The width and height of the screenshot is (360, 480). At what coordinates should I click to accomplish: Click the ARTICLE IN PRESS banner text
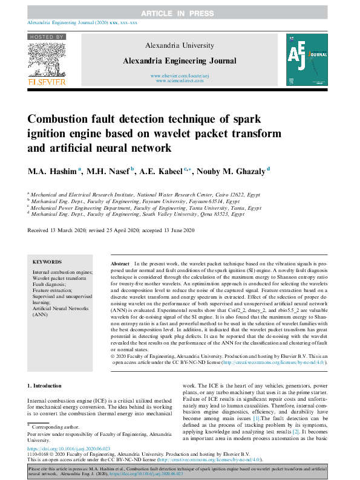click(180, 13)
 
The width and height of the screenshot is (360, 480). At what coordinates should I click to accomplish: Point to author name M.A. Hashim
click(56, 171)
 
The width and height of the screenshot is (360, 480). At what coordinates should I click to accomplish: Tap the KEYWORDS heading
click(47, 262)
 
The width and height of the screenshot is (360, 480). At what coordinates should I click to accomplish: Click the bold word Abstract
click(120, 265)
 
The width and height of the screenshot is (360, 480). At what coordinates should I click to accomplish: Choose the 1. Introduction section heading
click(45, 385)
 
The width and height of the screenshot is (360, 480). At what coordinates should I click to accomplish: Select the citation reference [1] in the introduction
click(257, 418)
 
